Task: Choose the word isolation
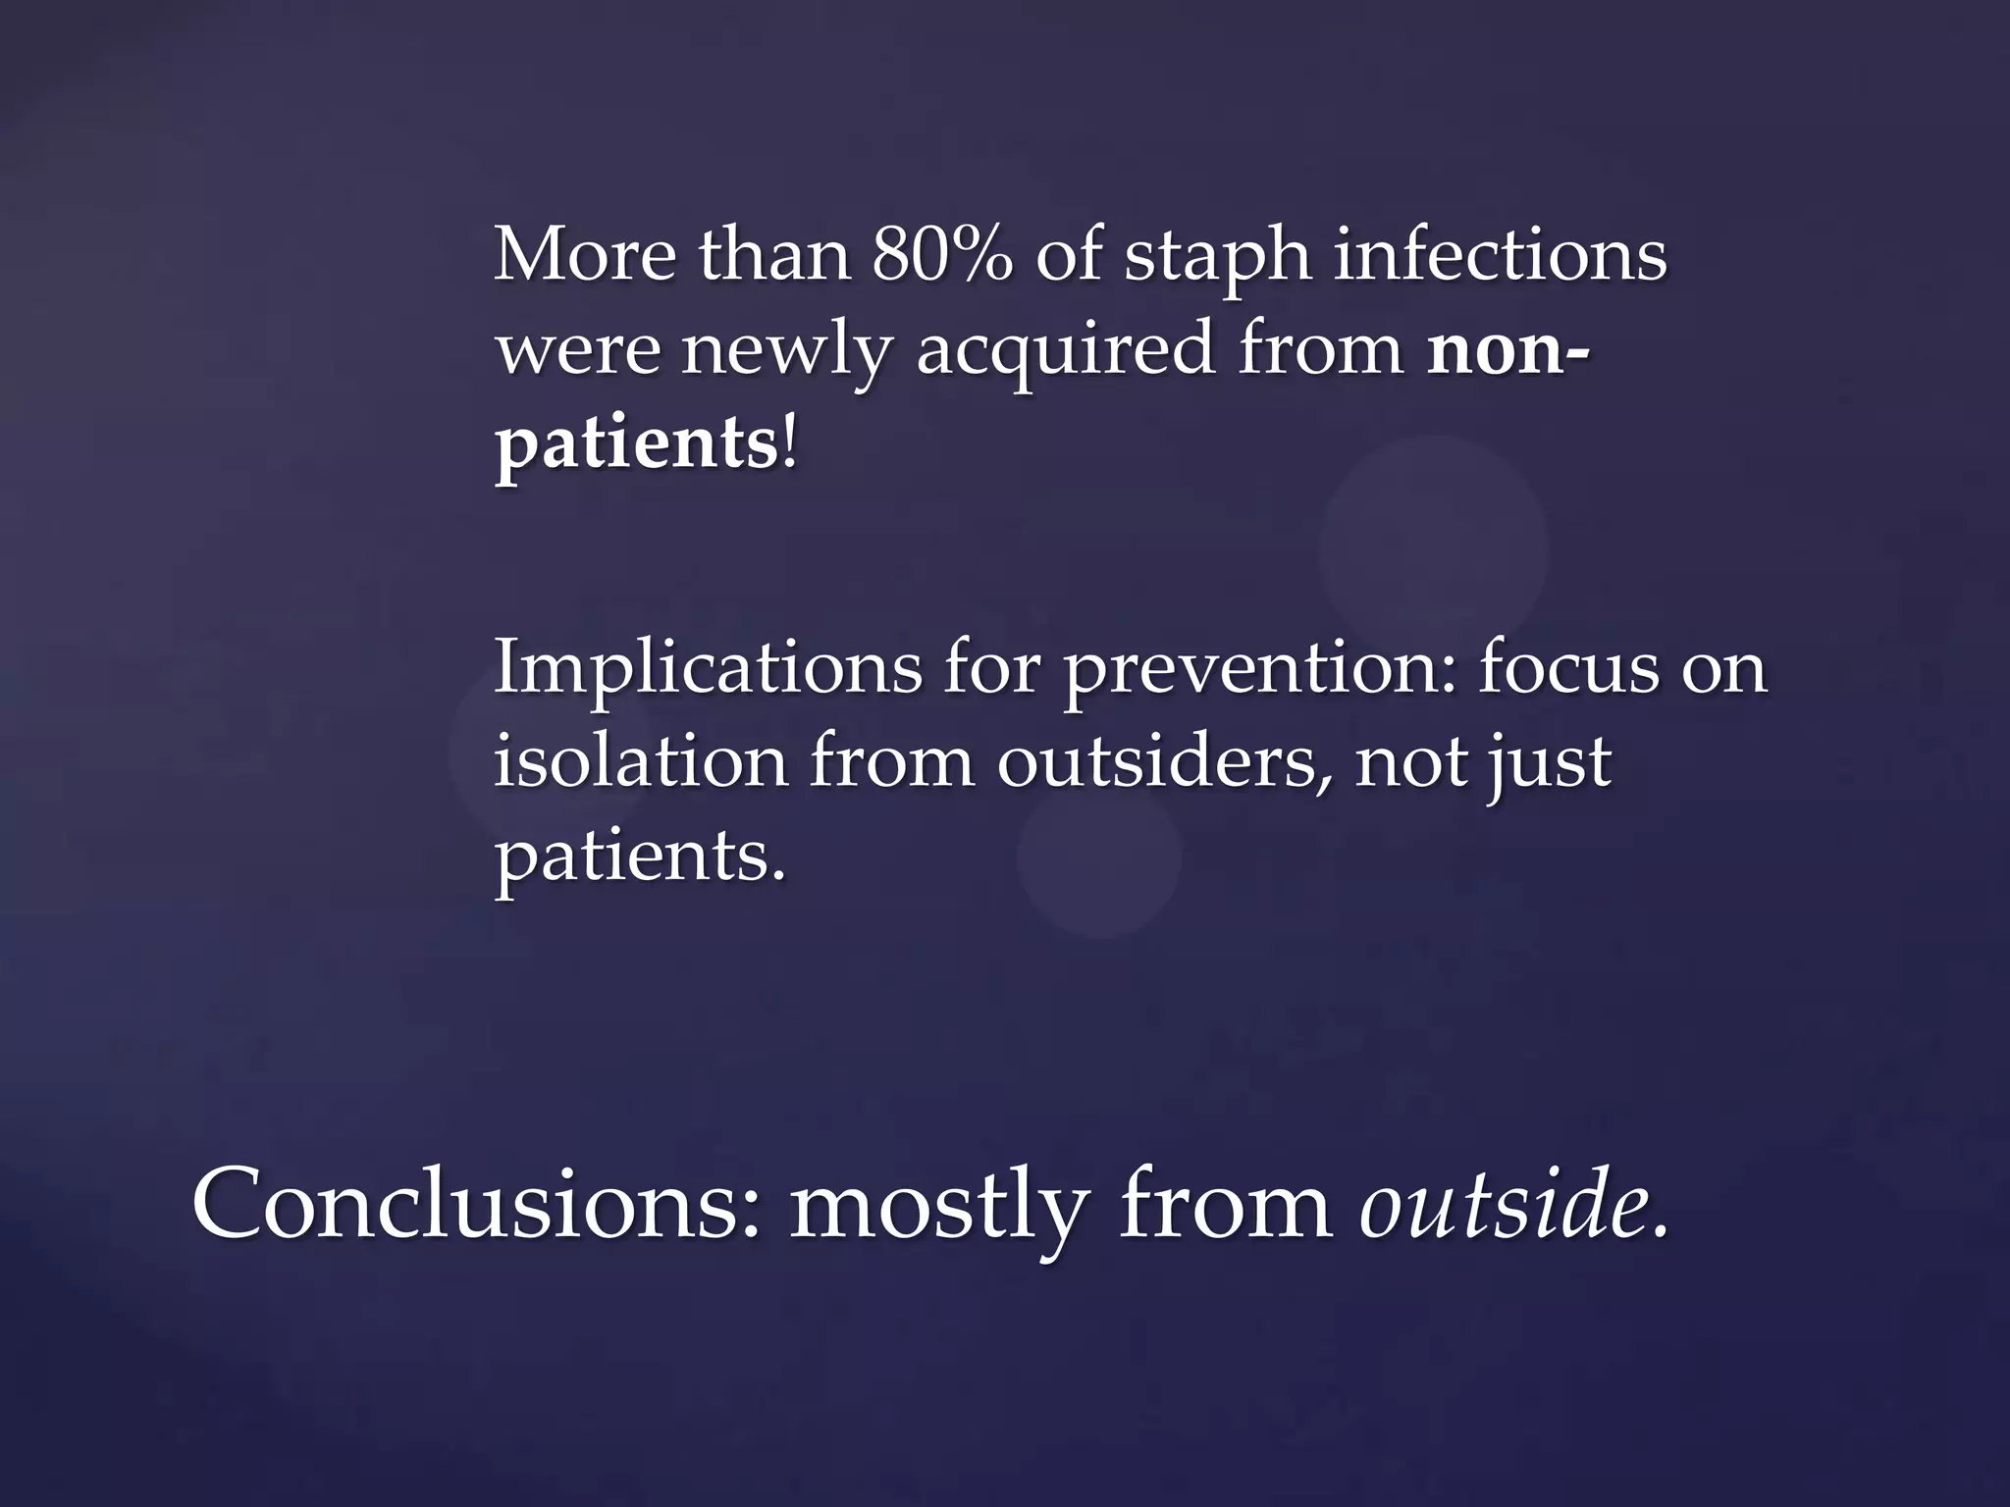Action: tap(640, 761)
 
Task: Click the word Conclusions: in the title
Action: tap(476, 1205)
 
